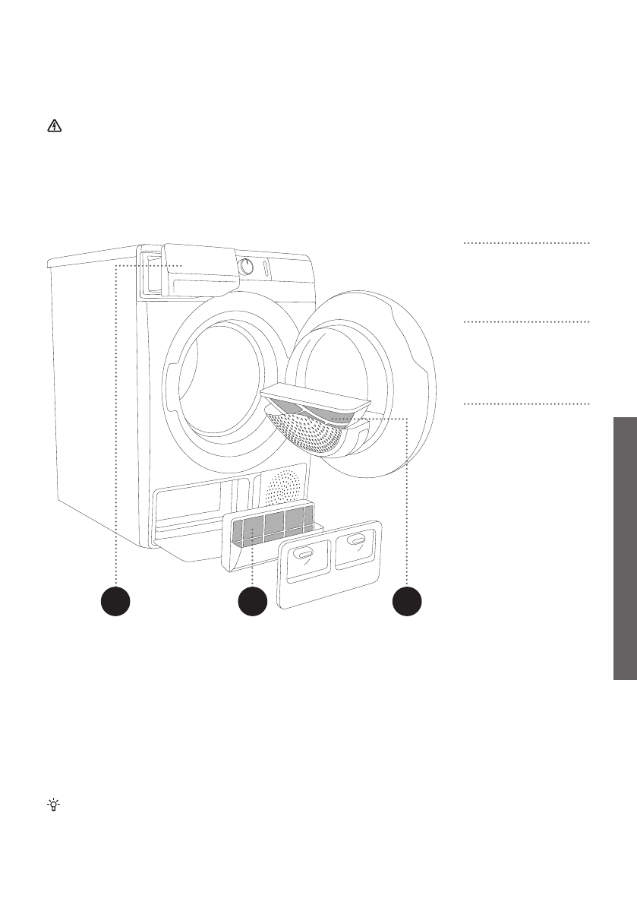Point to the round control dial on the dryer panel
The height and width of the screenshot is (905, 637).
pyautogui.click(x=246, y=266)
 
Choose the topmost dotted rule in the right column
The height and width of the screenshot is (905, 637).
pyautogui.click(x=525, y=243)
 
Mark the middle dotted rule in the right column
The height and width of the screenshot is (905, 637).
pyautogui.click(x=525, y=322)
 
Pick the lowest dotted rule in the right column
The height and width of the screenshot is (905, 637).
pyautogui.click(x=525, y=403)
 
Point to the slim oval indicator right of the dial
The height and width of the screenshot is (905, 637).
pyautogui.click(x=263, y=269)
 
